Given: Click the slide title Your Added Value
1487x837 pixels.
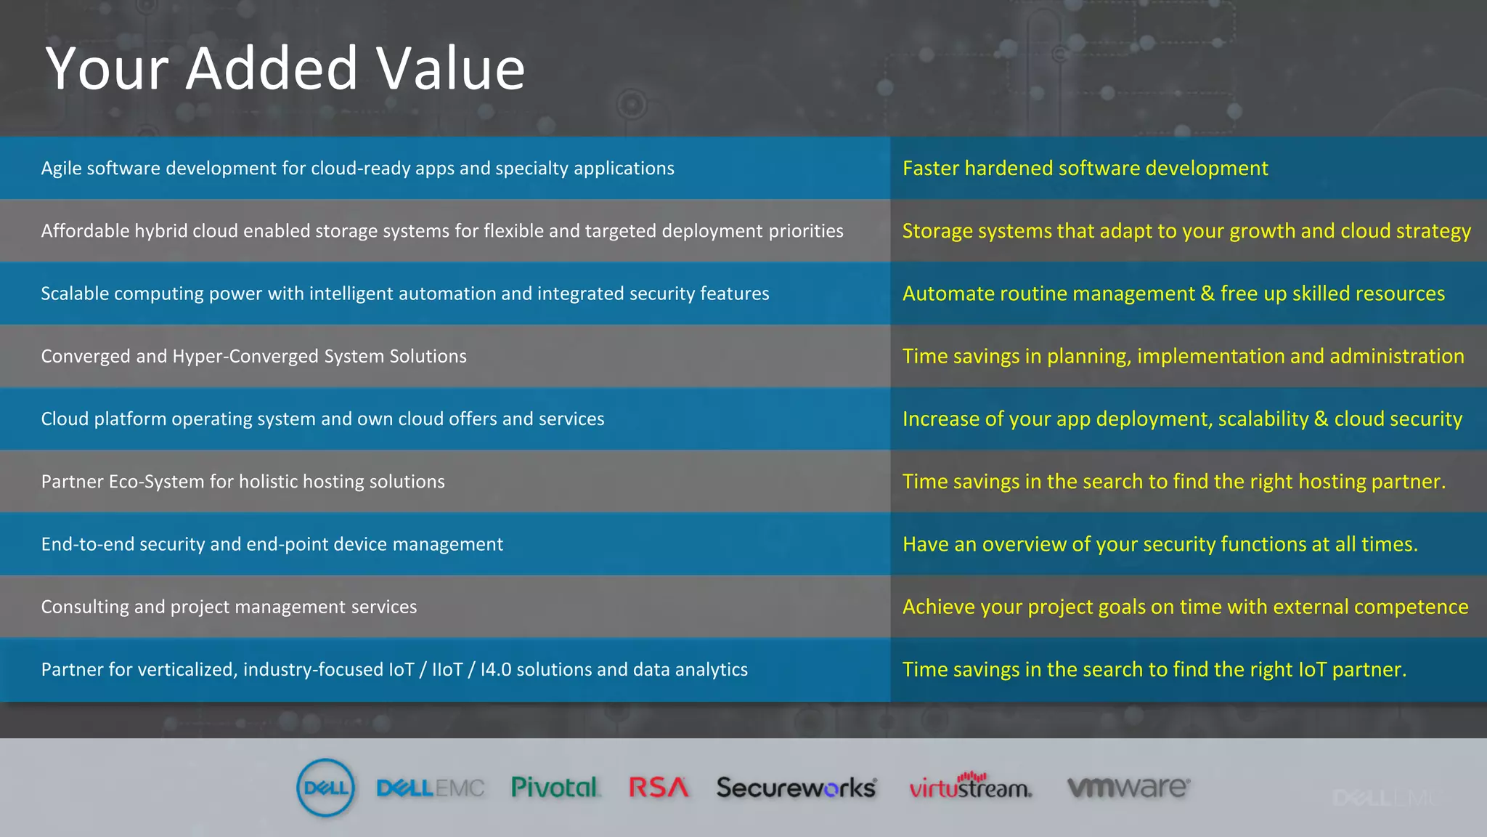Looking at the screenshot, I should pyautogui.click(x=285, y=68).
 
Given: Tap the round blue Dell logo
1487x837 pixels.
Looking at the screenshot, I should pyautogui.click(x=326, y=788).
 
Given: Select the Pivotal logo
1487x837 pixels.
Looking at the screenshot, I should pyautogui.click(x=555, y=787).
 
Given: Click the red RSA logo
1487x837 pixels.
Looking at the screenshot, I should pyautogui.click(x=658, y=787).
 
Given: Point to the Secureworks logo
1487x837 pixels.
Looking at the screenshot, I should pyautogui.click(x=796, y=788).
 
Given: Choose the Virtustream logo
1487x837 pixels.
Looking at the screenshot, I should pyautogui.click(x=970, y=787).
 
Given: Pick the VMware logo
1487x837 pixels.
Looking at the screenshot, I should pyautogui.click(x=1128, y=787).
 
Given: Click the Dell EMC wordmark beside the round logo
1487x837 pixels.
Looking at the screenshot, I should pyautogui.click(x=431, y=788).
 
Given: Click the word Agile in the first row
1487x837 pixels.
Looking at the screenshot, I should pyautogui.click(x=61, y=169).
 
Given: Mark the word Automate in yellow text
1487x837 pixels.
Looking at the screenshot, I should pyautogui.click(x=948, y=294).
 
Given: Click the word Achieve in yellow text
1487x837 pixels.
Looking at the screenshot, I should pyautogui.click(x=937, y=607).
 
